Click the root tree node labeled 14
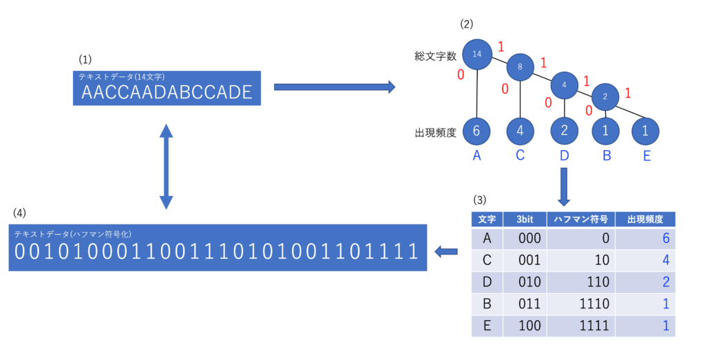(476, 54)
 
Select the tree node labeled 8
(520, 67)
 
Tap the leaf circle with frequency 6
(476, 131)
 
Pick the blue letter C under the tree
(520, 155)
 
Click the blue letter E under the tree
(646, 156)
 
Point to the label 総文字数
(435, 56)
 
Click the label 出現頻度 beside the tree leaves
(435, 133)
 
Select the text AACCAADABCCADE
(167, 93)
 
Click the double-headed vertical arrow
(167, 167)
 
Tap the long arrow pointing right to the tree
(335, 87)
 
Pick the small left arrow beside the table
(446, 252)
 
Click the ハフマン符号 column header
(580, 220)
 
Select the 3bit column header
(525, 220)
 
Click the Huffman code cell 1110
(594, 304)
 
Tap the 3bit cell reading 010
(529, 282)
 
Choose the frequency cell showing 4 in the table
(666, 260)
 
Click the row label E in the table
(487, 326)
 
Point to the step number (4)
(19, 213)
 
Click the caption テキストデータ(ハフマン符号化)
(73, 234)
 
